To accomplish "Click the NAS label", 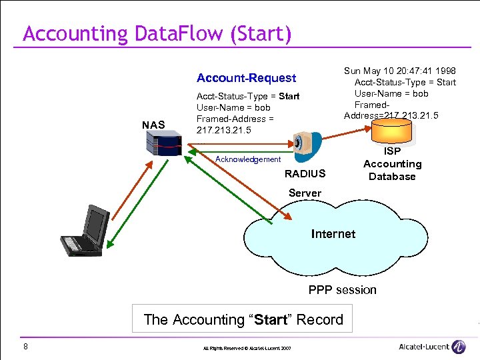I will [153, 125].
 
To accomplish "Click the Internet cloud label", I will [333, 234].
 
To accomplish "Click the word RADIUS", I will [305, 174].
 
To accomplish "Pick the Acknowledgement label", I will [248, 159].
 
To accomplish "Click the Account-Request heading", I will [246, 78].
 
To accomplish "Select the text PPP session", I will [342, 290].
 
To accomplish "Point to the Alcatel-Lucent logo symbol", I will [458, 347].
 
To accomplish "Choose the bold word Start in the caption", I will [271, 320].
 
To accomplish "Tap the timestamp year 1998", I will [445, 71].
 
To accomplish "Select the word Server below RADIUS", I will [305, 193].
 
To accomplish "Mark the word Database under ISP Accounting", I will [392, 177].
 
